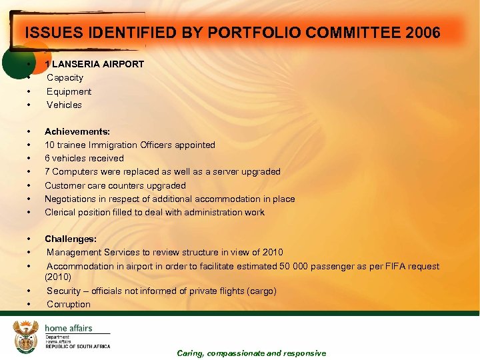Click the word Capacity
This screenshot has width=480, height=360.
(x=65, y=77)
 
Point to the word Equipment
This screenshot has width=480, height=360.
(x=69, y=91)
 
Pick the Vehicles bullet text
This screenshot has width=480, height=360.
(x=64, y=105)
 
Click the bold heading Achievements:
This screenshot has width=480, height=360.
(x=77, y=131)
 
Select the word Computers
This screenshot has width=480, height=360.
(x=74, y=171)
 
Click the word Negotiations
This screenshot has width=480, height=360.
(x=71, y=199)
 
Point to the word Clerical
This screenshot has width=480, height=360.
(x=61, y=212)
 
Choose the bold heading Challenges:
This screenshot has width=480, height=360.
(x=71, y=239)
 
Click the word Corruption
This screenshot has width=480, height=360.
(x=69, y=304)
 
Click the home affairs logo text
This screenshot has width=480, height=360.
(x=69, y=328)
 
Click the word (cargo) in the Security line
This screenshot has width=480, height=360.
(x=261, y=291)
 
